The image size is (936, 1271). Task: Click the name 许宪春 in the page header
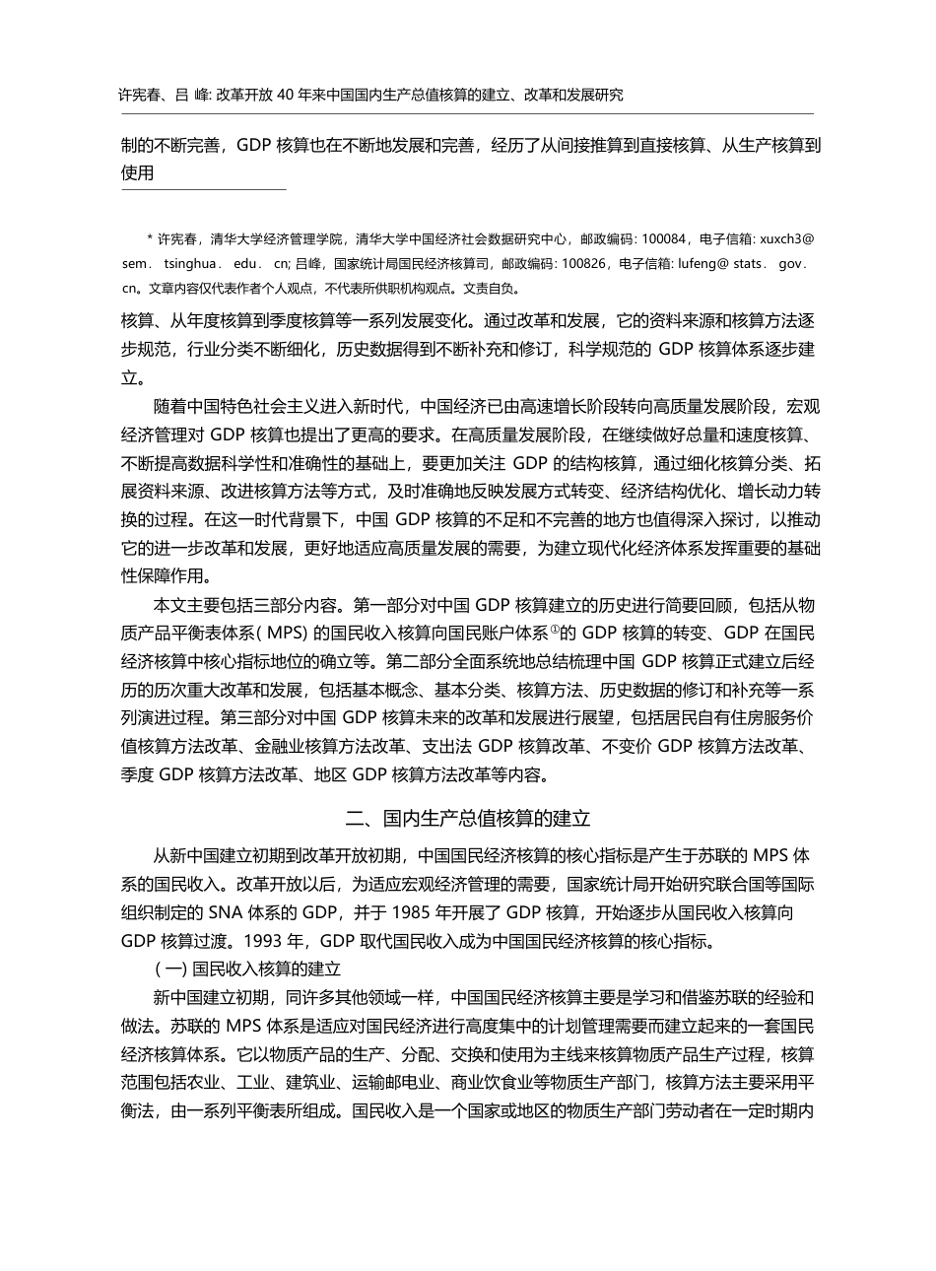139,95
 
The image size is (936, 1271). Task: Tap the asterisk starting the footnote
149,238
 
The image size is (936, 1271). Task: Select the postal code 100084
667,238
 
